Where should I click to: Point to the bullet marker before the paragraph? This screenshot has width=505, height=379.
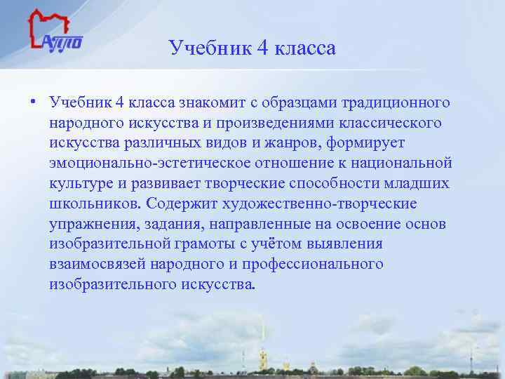[33, 103]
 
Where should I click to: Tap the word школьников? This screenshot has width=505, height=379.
[93, 204]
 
